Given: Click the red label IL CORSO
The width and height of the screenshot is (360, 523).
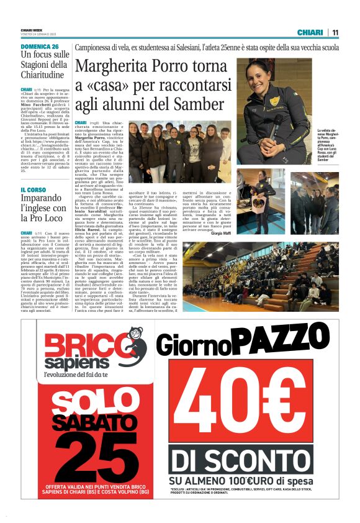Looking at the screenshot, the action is point(35,189).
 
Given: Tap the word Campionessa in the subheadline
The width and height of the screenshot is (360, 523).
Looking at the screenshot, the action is point(97,48).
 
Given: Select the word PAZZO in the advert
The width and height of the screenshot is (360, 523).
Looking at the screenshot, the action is point(284,340).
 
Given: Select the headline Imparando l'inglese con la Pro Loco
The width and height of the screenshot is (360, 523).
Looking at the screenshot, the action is point(43,209).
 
